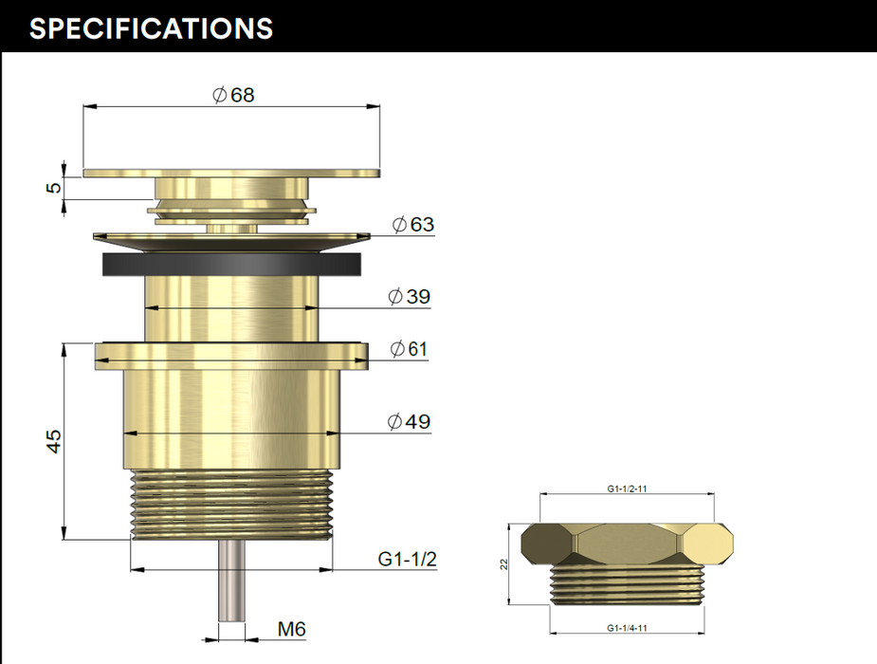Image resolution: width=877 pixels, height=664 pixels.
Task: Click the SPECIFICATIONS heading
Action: coord(151,28)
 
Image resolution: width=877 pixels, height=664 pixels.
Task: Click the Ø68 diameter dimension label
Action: coord(234,95)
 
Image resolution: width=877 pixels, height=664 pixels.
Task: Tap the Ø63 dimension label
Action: coord(413,224)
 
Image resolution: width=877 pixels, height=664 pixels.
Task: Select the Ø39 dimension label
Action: coord(410,296)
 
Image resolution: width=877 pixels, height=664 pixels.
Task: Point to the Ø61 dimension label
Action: coord(409,348)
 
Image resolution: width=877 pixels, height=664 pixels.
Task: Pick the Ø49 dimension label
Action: coord(410,421)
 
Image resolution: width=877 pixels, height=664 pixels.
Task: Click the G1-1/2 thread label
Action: coord(407,559)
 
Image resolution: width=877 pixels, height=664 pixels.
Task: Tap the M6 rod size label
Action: coord(291,629)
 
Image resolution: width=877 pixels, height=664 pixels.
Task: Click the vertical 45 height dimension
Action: coord(54,441)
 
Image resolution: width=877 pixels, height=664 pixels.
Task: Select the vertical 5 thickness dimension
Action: coord(54,187)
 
